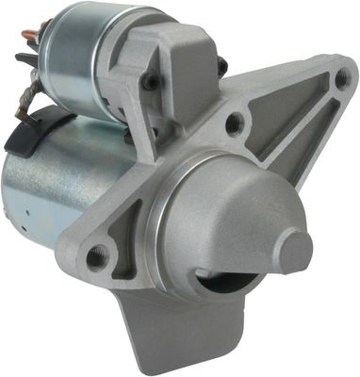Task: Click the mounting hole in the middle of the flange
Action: [x=235, y=121]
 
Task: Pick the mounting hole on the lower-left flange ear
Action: [x=95, y=255]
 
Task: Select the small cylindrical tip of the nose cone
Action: [x=295, y=251]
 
